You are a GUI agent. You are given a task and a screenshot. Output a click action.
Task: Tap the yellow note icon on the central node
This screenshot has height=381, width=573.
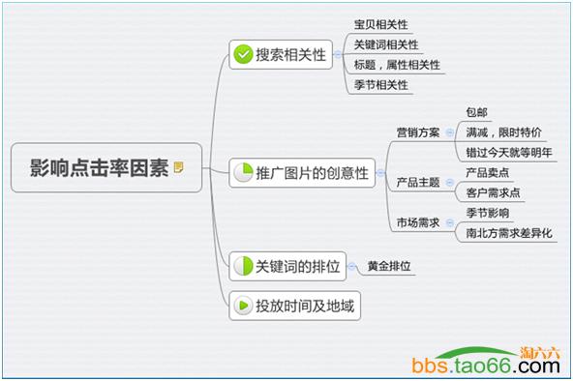coord(178,167)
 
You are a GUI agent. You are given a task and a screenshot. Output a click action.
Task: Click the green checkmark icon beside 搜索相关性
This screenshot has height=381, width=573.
coord(242,54)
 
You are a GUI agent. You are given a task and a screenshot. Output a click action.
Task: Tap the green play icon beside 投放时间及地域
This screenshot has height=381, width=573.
coord(242,308)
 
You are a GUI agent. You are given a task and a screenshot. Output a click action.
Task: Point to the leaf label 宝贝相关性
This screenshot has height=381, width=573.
coord(379,24)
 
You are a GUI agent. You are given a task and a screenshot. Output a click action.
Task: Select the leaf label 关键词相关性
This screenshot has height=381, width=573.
coord(386,44)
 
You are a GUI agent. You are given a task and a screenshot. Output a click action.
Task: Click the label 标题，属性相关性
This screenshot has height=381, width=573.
coord(397,65)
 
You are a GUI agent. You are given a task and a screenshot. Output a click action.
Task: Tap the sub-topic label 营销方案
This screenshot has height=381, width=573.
coord(417,132)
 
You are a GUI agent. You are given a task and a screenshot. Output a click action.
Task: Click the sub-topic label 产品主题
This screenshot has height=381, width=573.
coord(417,182)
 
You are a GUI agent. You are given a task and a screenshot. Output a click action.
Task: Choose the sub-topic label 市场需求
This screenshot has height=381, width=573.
coord(417,222)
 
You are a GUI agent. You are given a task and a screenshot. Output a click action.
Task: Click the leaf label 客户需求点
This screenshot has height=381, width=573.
coord(493,192)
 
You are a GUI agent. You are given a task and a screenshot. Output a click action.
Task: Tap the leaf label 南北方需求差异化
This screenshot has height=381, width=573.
coord(509,233)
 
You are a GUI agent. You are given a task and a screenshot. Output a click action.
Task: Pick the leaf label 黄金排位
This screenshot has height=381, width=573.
coord(391,265)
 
